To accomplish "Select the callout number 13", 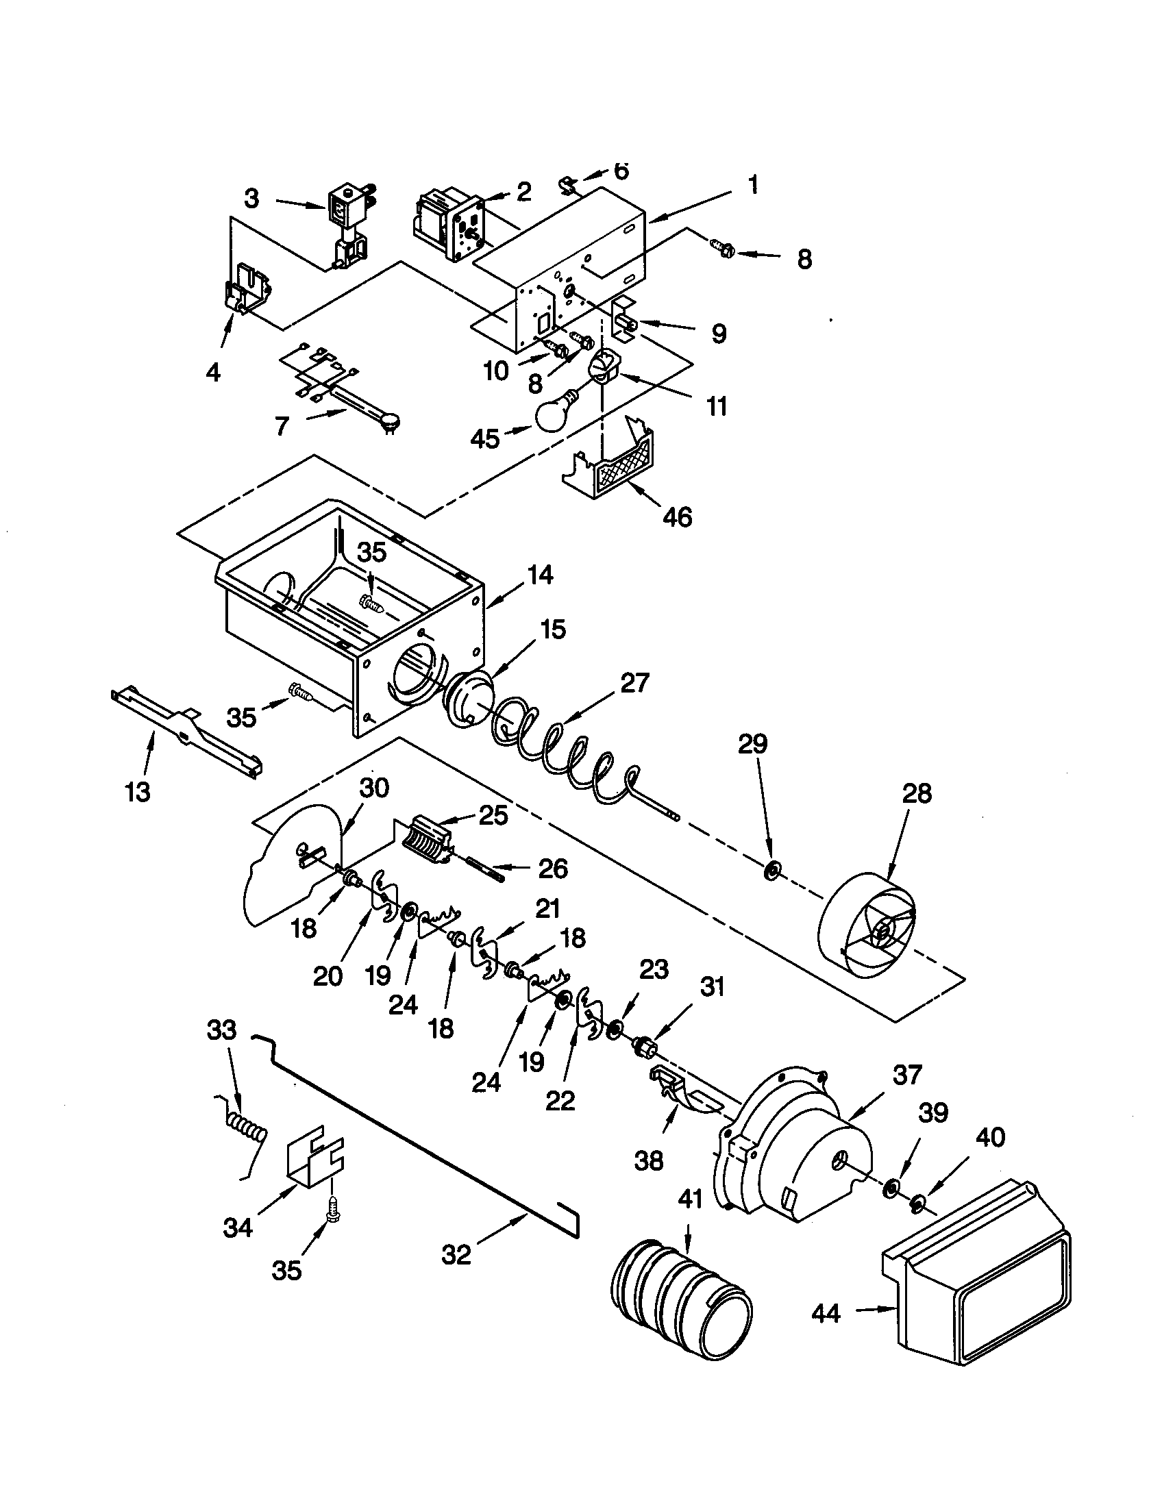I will point(138,792).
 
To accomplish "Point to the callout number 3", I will point(252,199).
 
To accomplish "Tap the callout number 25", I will point(495,815).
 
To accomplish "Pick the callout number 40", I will point(990,1136).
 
